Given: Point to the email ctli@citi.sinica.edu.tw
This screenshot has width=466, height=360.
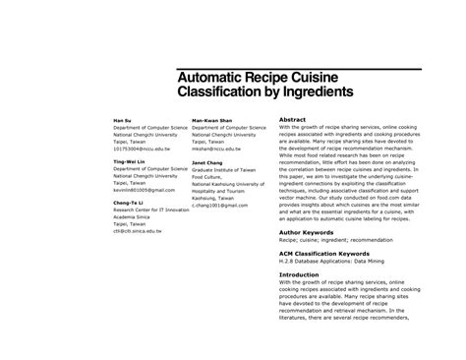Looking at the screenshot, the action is (142, 231).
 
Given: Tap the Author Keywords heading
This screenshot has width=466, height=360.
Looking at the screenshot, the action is (314, 232).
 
